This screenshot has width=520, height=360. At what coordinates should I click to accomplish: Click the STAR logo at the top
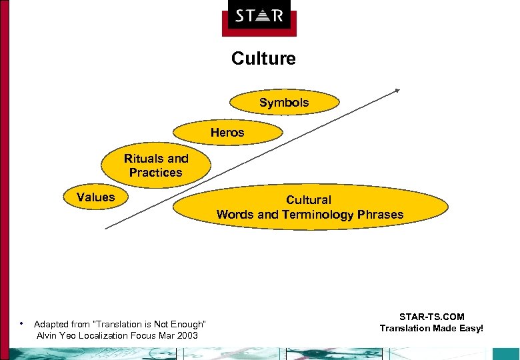tap(259, 15)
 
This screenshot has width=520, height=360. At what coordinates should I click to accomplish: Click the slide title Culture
tap(263, 59)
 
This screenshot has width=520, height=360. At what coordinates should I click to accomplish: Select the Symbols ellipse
tap(284, 103)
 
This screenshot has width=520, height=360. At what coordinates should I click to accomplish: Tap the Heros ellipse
tap(227, 133)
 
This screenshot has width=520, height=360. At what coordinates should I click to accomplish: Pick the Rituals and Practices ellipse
tap(156, 165)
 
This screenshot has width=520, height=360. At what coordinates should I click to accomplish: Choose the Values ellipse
tap(96, 197)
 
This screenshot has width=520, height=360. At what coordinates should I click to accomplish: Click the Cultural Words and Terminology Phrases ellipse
tap(310, 207)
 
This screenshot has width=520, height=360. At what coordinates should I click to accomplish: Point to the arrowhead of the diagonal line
tap(397, 89)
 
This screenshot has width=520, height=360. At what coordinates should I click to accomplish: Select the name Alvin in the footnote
tap(47, 335)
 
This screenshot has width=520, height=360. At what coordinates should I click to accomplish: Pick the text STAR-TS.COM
tap(431, 317)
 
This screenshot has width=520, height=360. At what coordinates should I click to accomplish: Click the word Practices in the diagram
tap(156, 173)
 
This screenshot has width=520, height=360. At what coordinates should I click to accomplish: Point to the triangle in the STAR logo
tap(259, 15)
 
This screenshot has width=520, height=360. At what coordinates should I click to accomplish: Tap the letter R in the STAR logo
tap(277, 15)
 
